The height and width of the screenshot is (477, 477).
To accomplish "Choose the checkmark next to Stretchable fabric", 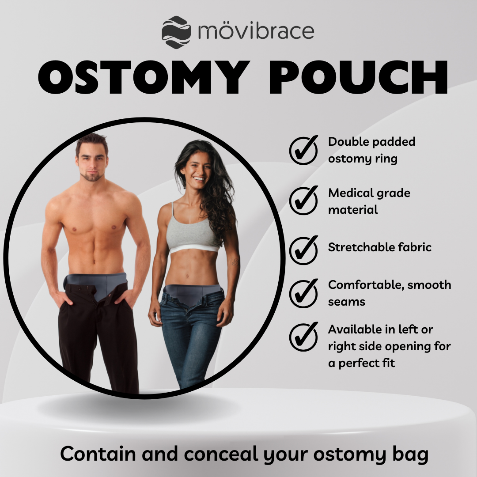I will click(303, 249).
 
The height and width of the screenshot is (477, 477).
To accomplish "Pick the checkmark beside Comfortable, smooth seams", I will click(303, 292).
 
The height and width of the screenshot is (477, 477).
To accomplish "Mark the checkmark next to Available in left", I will click(303, 337).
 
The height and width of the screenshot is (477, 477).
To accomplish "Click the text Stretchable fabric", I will click(379, 247).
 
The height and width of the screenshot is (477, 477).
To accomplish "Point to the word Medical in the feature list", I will click(348, 193).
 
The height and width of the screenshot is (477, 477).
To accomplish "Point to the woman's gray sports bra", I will click(193, 235).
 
